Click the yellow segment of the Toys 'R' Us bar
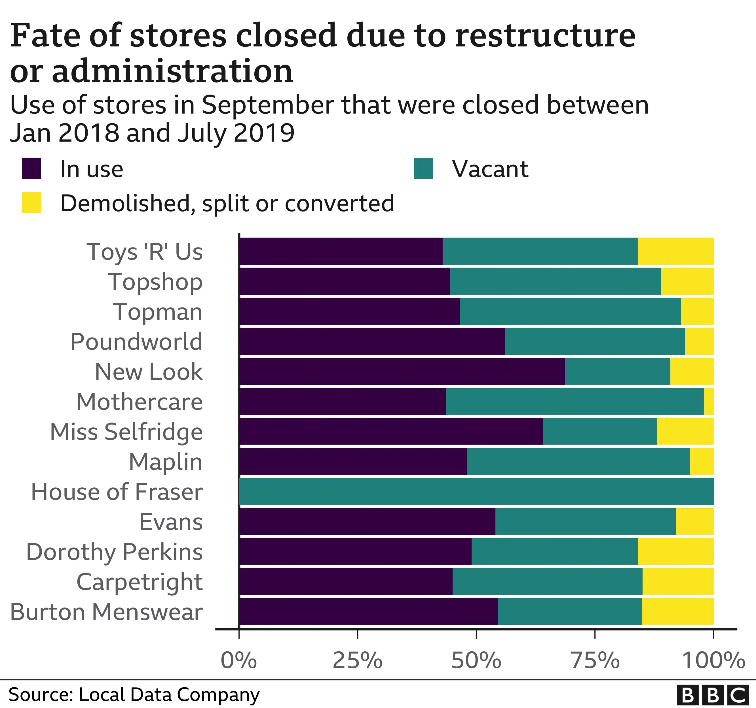675,251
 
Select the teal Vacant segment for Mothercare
575,401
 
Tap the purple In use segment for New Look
402,371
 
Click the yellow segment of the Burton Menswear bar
677,611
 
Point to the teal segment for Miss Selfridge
599,431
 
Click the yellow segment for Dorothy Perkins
675,551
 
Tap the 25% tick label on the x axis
358,660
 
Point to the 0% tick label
239,660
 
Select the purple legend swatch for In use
31,168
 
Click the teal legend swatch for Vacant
423,168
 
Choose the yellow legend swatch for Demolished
31,202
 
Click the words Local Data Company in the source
169,695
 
